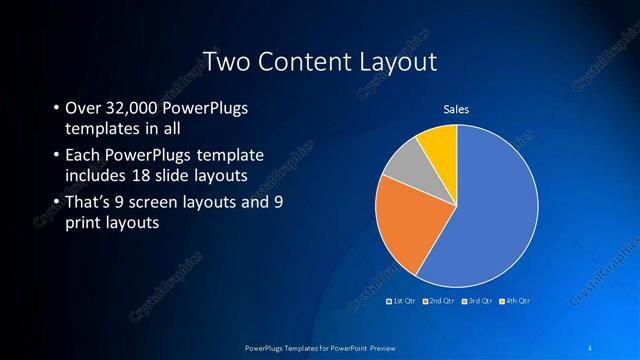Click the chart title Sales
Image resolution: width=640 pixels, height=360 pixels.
(x=456, y=109)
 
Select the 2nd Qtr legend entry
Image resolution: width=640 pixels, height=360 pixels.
(x=441, y=300)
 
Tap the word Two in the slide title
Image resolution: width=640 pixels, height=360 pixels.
(x=226, y=62)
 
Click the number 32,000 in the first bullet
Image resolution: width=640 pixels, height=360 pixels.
(x=134, y=108)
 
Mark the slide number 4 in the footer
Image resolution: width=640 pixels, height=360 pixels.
(x=591, y=346)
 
